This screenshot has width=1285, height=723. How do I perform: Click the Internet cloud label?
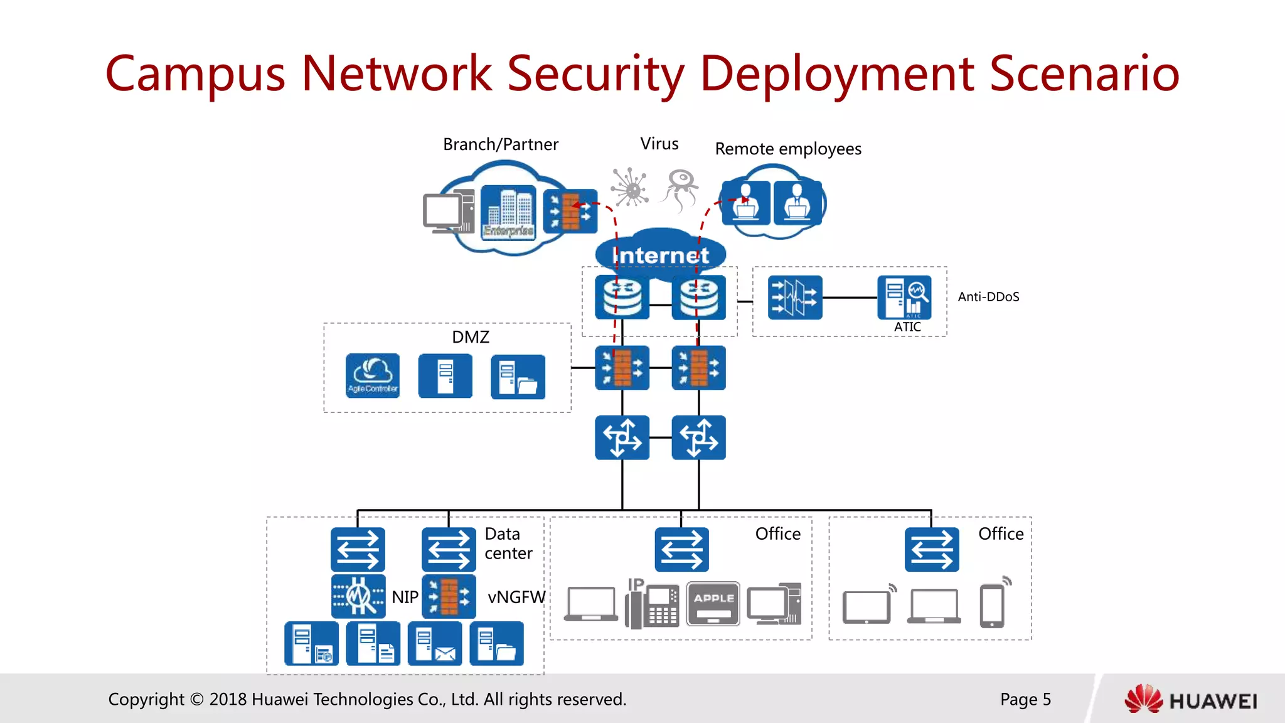point(660,255)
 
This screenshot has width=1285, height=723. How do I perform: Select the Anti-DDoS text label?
point(988,297)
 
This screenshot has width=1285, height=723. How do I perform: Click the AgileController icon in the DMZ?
point(372,375)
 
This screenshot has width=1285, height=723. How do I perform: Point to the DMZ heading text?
point(470,337)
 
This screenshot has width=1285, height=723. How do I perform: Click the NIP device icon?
point(358,596)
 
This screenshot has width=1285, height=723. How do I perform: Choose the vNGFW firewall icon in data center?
point(449,596)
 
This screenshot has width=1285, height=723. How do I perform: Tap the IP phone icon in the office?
point(653,604)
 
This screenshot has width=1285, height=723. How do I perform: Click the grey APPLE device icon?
point(713,604)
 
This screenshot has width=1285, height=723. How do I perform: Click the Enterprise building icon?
point(508,212)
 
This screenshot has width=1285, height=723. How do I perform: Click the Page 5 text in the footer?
point(1025,699)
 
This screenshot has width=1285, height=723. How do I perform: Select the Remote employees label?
point(788,149)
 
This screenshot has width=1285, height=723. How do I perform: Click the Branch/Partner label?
point(500,144)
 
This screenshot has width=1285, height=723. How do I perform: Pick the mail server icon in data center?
point(434,643)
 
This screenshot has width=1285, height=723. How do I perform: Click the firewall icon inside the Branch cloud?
point(570,212)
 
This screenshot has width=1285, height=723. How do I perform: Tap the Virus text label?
point(659,144)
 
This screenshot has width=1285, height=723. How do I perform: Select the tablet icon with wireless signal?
point(868,605)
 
